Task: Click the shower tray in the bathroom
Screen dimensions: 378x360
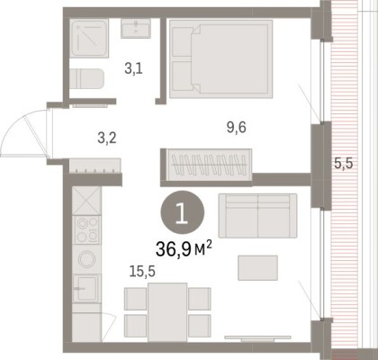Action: coord(89,38)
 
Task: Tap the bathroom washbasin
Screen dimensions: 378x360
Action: coord(136,28)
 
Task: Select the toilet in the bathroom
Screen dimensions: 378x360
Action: coord(86,79)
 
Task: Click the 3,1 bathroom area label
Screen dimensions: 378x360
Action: coord(133,69)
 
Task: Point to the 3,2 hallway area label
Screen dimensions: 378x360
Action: coord(107,139)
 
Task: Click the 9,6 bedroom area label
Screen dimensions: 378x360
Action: coord(237,128)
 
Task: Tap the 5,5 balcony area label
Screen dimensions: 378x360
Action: coord(344,164)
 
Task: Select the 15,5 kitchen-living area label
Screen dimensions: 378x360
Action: coord(142,272)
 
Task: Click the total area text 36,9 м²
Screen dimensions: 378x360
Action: coord(184,249)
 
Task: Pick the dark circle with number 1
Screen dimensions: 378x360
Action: coord(183,212)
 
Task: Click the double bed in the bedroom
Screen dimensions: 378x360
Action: coord(221,59)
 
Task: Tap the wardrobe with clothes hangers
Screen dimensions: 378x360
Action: coord(209,165)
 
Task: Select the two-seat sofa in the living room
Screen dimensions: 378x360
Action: coord(257,216)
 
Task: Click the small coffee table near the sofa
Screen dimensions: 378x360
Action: coord(257,268)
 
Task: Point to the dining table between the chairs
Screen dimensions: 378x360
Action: coord(167,312)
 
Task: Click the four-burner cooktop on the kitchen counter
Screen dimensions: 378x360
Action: coord(87,230)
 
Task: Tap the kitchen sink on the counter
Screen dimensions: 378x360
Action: coord(86,289)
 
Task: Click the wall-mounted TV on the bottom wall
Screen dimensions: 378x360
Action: coord(257,338)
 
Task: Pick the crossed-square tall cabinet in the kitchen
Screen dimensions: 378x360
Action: coord(86,201)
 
